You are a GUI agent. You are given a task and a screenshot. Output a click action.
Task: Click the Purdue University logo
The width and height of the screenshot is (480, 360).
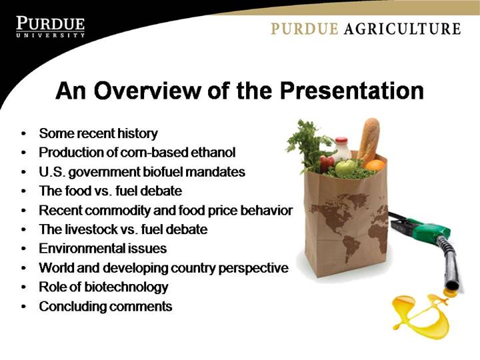(x=51, y=27)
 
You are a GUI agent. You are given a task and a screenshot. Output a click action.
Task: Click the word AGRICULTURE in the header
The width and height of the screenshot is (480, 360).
(x=402, y=29)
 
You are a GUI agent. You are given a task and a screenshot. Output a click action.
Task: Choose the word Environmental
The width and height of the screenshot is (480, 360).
(x=81, y=248)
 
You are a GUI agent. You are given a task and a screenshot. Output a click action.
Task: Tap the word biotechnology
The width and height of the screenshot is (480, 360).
(x=126, y=287)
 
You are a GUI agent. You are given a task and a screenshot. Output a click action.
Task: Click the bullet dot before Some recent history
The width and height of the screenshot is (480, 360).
(x=23, y=134)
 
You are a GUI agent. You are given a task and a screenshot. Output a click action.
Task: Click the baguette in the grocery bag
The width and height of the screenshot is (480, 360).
(x=369, y=139)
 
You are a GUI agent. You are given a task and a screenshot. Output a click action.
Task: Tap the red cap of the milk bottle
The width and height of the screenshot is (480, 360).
(x=341, y=140)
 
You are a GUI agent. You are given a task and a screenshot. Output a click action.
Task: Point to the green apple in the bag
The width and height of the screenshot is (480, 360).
(x=345, y=167)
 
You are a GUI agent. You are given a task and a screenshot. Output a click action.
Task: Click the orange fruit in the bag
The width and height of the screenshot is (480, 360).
(x=375, y=165)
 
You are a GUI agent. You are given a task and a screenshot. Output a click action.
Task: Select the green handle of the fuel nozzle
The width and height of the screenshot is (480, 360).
(x=431, y=230)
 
